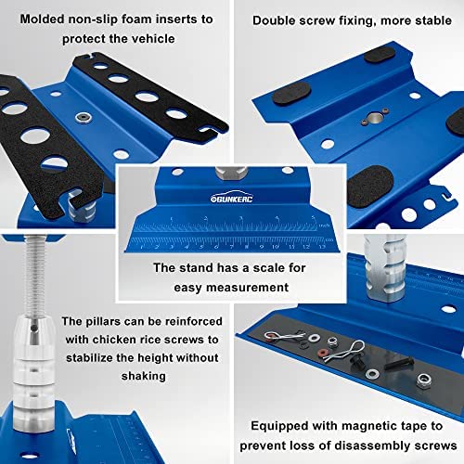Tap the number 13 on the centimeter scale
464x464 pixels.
click(322, 247)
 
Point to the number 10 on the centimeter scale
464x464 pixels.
click(276, 247)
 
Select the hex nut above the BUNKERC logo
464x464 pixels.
click(231, 173)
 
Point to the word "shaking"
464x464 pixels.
click(144, 376)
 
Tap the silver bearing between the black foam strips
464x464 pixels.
click(84, 118)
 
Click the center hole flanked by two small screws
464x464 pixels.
click(374, 118)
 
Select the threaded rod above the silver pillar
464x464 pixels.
click(34, 276)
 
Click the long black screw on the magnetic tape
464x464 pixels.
click(399, 363)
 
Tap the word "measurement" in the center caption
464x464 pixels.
click(231, 288)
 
